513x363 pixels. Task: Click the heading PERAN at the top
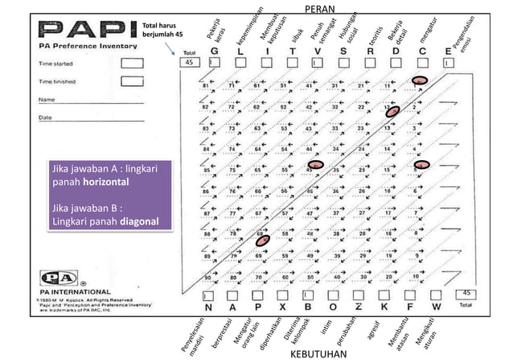tap(321, 7)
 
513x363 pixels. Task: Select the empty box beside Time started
tap(132, 63)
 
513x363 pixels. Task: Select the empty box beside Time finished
tap(132, 80)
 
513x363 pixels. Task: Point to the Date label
tap(46, 118)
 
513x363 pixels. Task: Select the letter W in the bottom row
tap(436, 307)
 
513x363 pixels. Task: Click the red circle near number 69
tap(262, 240)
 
